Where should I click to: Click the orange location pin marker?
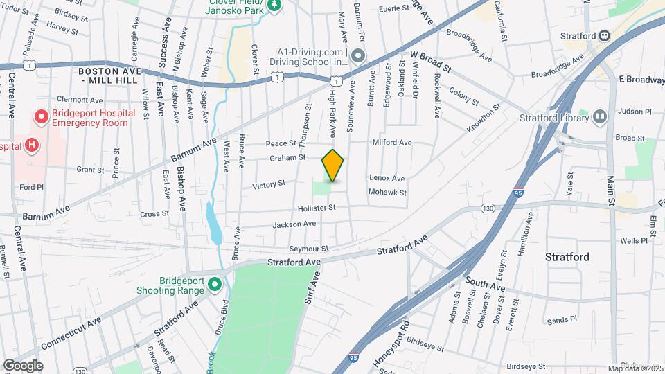point(333,165)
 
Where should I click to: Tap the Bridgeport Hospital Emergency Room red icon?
point(42,117)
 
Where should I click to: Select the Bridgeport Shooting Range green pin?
point(214,285)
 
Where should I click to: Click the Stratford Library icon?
point(599,117)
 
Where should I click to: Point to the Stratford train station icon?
point(604,35)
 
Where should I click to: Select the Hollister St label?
point(316,208)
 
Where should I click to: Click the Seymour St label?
point(309,249)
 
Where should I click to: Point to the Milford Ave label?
point(392,143)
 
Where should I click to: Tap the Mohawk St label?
point(387,192)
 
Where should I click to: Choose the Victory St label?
point(269,185)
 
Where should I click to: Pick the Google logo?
point(22,366)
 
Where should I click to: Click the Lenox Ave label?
point(387,178)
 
